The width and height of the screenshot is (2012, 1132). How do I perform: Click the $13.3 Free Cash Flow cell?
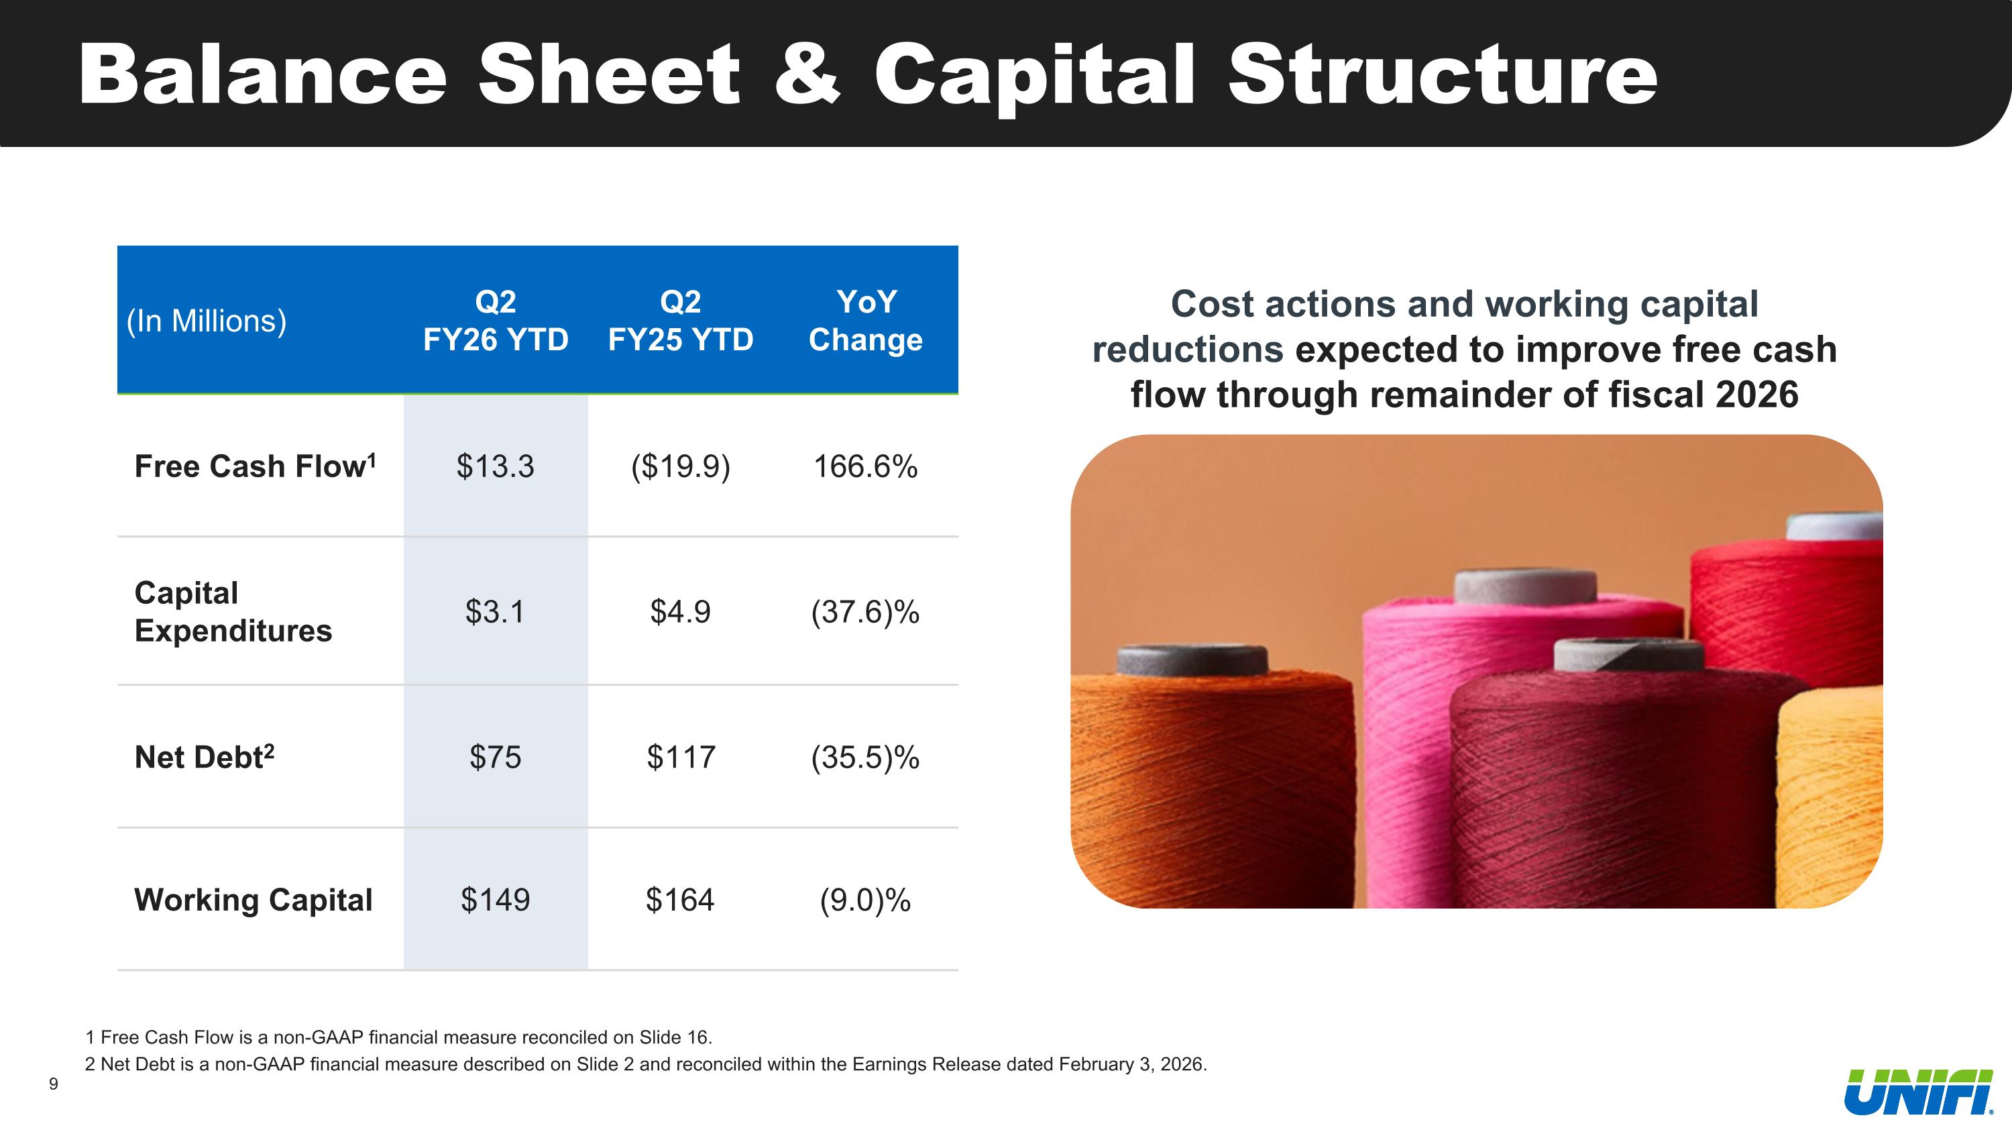click(x=495, y=466)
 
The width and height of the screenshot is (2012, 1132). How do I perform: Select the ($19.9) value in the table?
click(x=680, y=466)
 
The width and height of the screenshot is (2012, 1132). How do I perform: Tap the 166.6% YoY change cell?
click(x=864, y=466)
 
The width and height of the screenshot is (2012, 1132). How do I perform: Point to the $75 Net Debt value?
click(x=495, y=757)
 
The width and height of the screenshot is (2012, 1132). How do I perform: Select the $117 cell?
click(x=680, y=757)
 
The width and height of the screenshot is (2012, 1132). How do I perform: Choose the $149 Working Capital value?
click(x=495, y=900)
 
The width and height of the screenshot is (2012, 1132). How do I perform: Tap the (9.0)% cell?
click(x=864, y=900)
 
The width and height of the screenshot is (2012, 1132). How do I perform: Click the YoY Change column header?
click(x=865, y=320)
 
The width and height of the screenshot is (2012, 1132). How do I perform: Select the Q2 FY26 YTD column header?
click(x=495, y=320)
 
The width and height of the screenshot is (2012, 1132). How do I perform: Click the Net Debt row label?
click(x=204, y=757)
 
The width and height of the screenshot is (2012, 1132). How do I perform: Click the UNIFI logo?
click(x=1917, y=1092)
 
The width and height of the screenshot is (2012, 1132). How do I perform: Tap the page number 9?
click(x=53, y=1084)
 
